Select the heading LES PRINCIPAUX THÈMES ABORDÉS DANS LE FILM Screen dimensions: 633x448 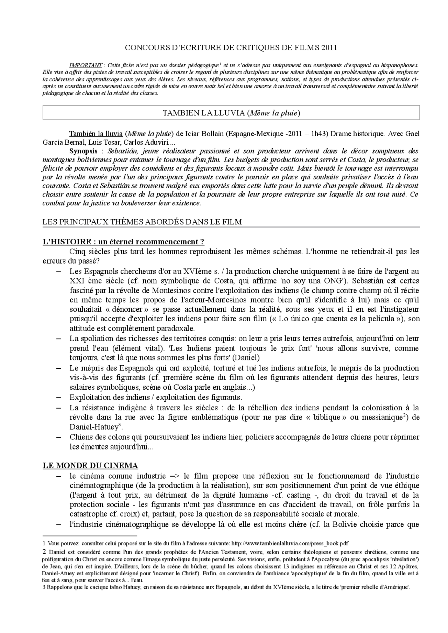click(142, 222)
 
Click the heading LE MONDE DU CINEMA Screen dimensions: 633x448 click(90, 466)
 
